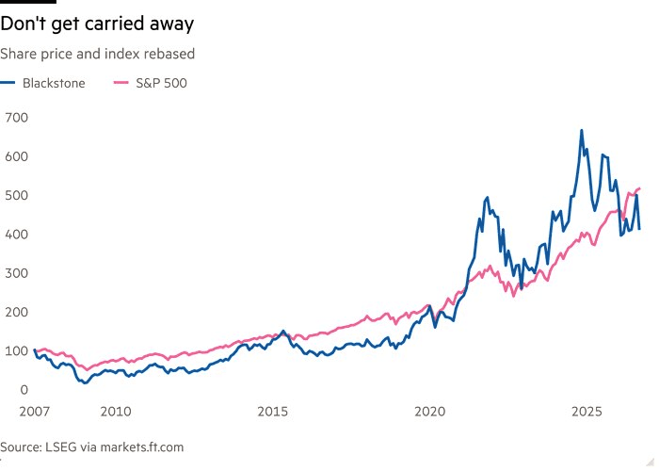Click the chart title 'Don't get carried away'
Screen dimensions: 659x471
(x=97, y=24)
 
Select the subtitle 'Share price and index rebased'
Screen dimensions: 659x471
(x=98, y=55)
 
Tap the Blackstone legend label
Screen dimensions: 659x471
(x=54, y=83)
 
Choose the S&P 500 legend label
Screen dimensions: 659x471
(x=161, y=83)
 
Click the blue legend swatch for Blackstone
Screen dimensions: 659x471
(x=8, y=83)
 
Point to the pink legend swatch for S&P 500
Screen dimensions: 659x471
(x=121, y=83)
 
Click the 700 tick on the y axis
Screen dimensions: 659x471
(x=16, y=118)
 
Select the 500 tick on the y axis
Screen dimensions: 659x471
(x=16, y=195)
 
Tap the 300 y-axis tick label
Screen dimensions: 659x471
(x=16, y=273)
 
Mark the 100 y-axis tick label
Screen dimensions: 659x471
(x=16, y=350)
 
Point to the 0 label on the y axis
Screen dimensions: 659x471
(x=24, y=390)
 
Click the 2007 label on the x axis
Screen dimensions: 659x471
(x=35, y=412)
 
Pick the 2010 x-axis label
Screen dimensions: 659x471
(x=116, y=412)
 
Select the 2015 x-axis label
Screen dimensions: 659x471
(x=273, y=412)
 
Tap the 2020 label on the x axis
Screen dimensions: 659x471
(x=430, y=412)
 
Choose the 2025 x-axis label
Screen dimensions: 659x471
(x=587, y=412)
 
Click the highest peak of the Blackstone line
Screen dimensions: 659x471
(x=582, y=130)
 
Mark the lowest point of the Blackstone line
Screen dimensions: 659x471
(x=86, y=382)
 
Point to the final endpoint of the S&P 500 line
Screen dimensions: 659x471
(x=639, y=188)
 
